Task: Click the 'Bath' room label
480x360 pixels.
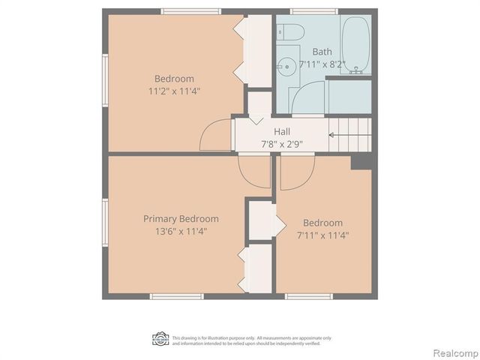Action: tap(322, 52)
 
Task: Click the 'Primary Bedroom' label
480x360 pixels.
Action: tap(181, 219)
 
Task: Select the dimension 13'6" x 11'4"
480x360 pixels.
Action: tap(181, 231)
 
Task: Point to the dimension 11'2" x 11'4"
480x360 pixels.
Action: tap(174, 91)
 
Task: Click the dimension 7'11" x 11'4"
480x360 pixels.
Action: tap(322, 235)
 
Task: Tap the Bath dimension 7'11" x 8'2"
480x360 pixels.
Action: tap(322, 64)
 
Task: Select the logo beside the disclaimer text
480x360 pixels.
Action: tap(160, 339)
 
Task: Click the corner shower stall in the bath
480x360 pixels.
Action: tap(307, 100)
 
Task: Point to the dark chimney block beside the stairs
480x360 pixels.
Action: tap(361, 161)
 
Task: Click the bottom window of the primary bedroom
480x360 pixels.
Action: tap(177, 296)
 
